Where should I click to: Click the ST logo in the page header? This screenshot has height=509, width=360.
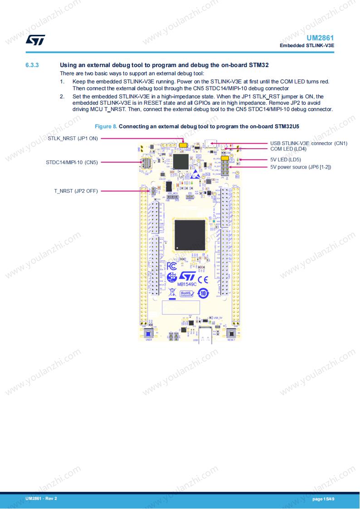[x=35, y=40]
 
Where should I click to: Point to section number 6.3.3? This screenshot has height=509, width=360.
[x=32, y=65]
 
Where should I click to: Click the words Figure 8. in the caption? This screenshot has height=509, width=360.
[x=105, y=126]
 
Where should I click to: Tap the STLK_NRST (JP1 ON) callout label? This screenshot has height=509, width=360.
[x=73, y=138]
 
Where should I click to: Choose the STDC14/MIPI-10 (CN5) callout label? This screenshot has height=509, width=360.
[x=72, y=162]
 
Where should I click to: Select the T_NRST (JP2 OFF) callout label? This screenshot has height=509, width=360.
[x=76, y=191]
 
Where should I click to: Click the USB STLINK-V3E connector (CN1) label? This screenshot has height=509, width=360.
[x=309, y=143]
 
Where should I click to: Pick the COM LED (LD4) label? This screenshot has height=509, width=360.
[x=288, y=149]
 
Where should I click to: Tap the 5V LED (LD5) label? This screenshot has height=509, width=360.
[x=286, y=160]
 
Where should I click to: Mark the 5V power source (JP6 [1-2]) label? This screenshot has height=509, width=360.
[x=301, y=167]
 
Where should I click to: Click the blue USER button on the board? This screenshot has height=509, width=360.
[x=148, y=334]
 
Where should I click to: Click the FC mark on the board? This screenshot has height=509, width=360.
[x=172, y=266]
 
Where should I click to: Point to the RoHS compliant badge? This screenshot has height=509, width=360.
[x=187, y=294]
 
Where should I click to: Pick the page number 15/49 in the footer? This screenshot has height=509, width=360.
[x=323, y=499]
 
